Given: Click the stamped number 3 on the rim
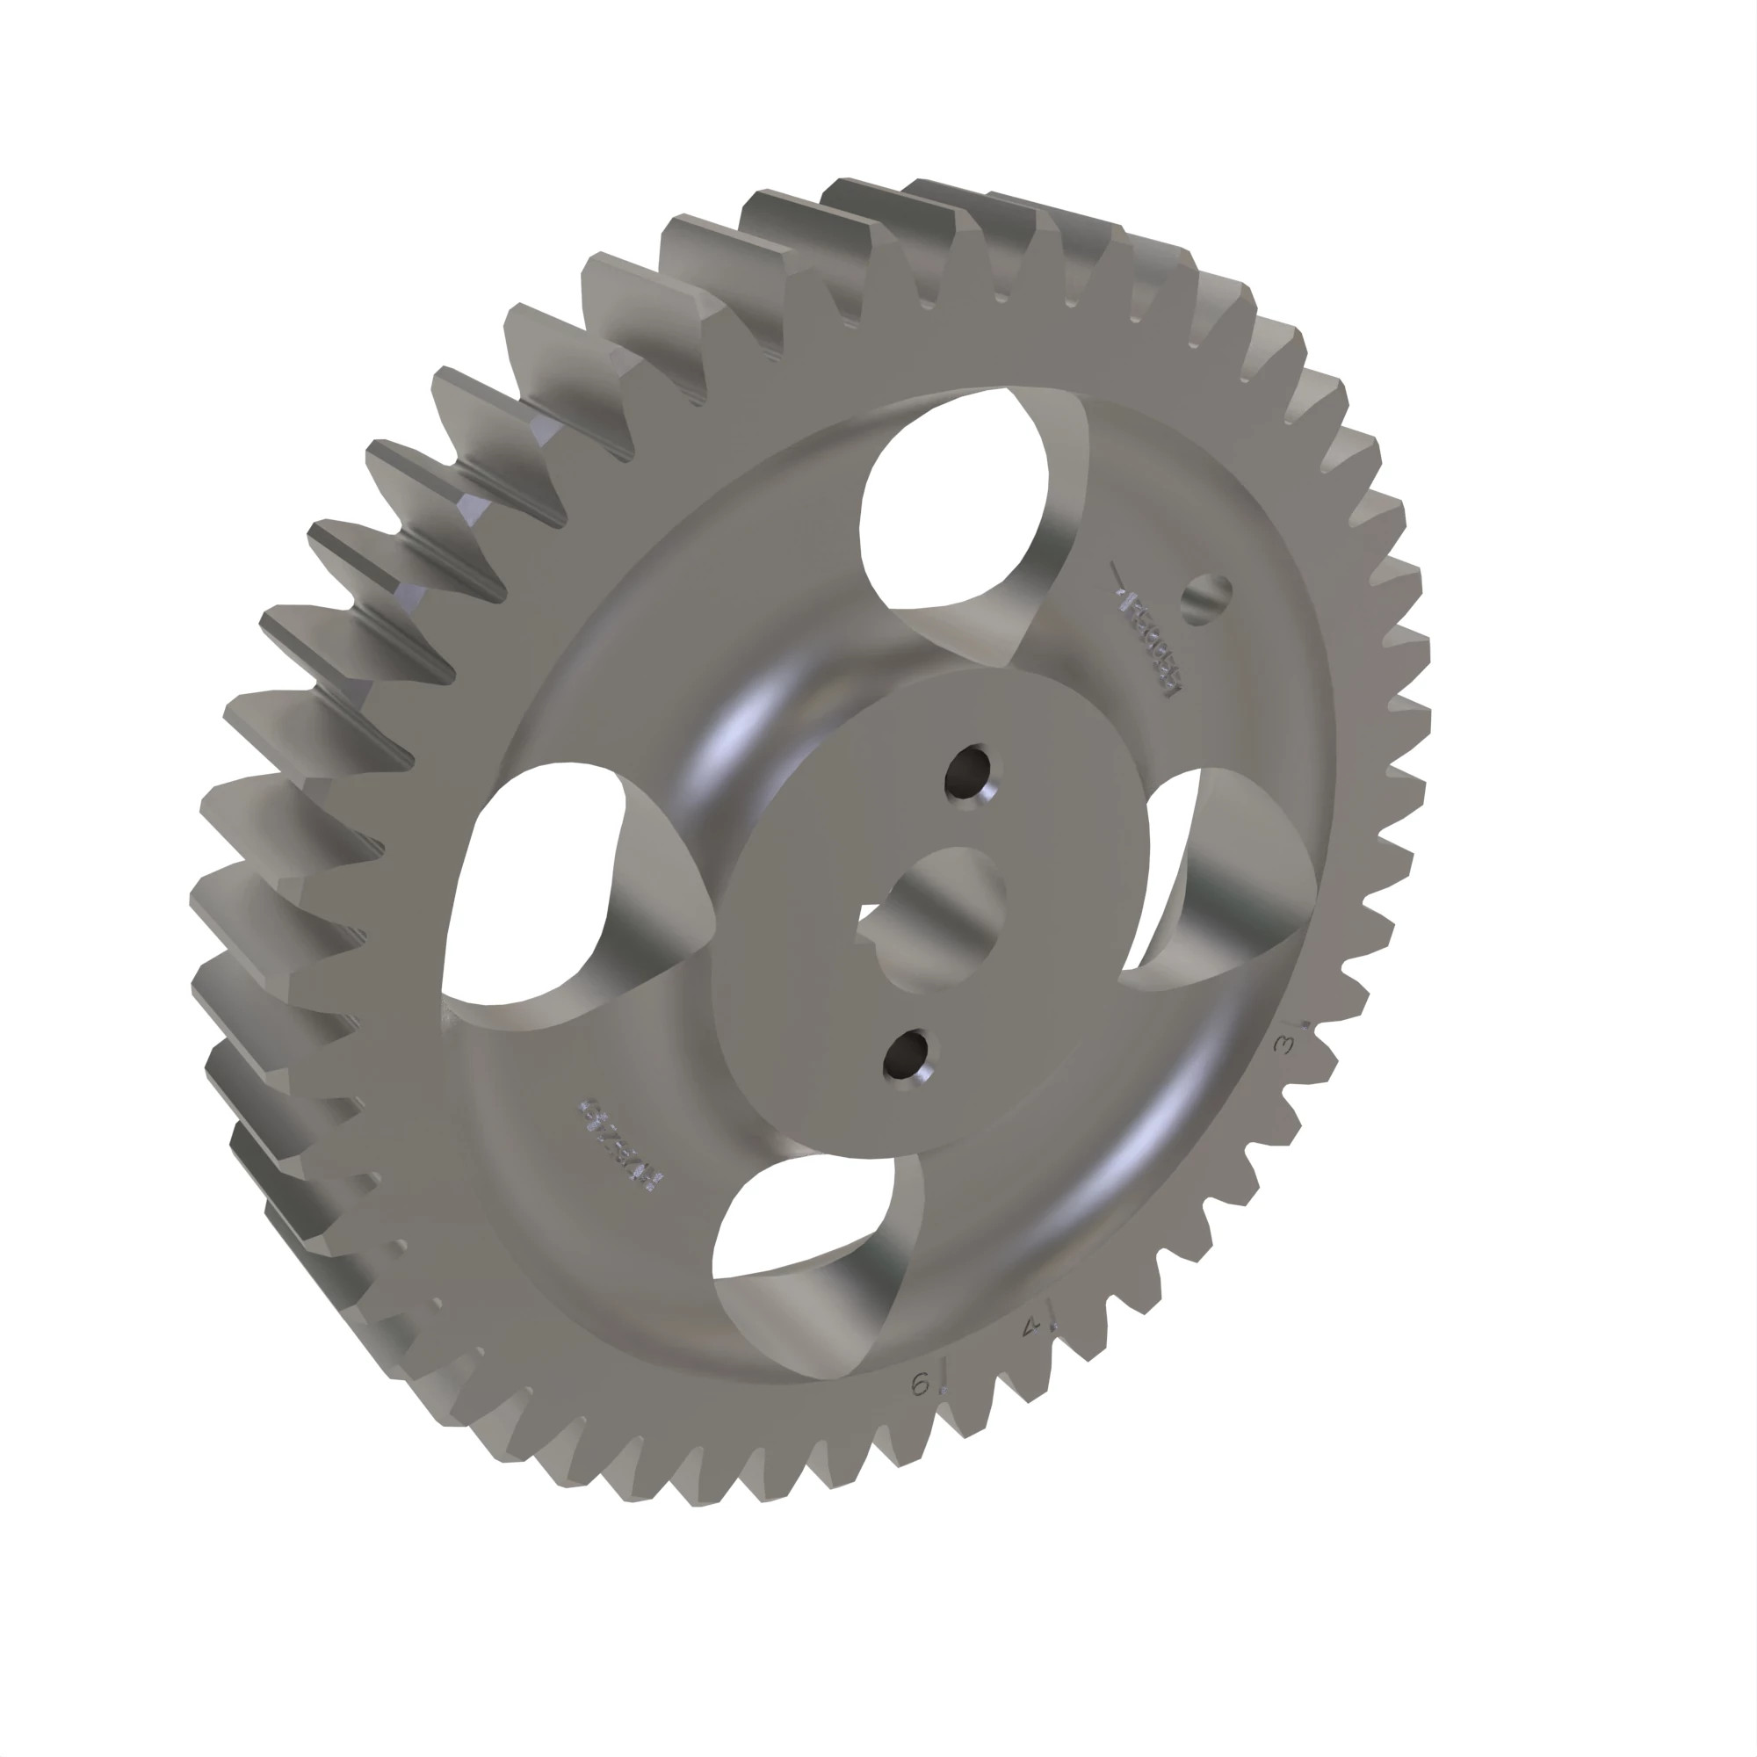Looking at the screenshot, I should (x=1285, y=1045).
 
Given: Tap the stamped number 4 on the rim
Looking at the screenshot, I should (x=1031, y=1327).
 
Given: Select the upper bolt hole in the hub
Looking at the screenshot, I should (x=967, y=774).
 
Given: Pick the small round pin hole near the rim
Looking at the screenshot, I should (x=1207, y=599).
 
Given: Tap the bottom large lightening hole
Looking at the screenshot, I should (x=800, y=1218).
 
